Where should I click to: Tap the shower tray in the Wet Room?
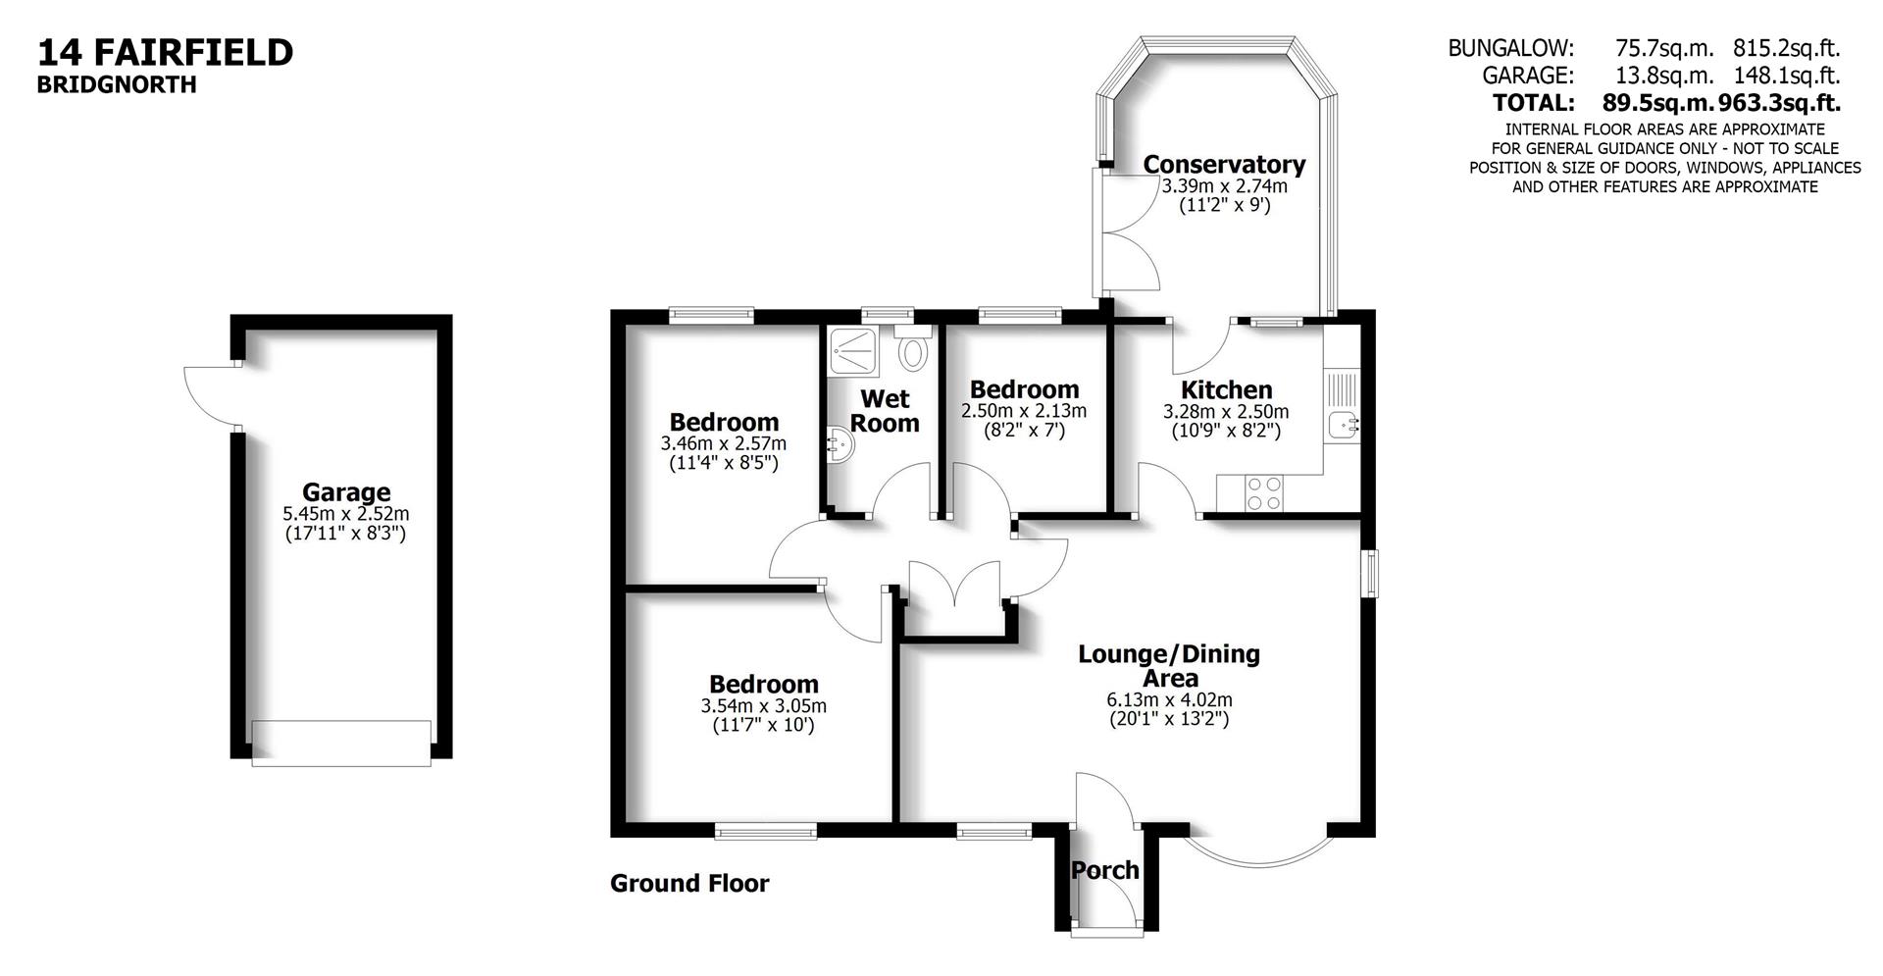coord(856,350)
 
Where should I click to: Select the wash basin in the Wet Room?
coord(840,444)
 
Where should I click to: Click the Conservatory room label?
coord(1224,164)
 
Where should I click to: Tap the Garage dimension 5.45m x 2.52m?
coord(345,513)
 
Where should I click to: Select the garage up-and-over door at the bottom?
coord(341,744)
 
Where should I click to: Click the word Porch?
coord(1104,870)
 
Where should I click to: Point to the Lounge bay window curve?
coord(1259,855)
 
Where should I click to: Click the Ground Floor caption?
coord(689,884)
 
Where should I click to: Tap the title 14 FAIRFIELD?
coord(165,52)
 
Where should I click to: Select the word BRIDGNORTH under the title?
coord(117,85)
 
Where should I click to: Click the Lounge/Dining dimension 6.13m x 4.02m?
coord(1169,699)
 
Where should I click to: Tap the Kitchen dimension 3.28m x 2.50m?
coord(1226,411)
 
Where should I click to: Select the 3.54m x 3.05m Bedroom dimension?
coord(763,705)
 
